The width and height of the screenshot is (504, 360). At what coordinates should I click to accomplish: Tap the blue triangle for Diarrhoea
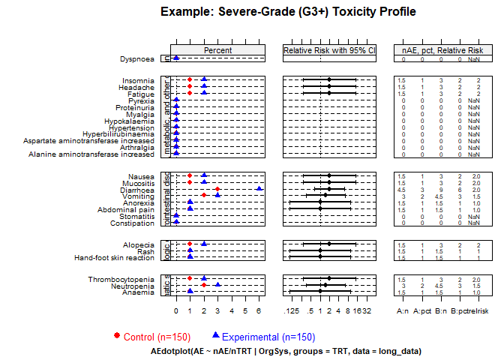click(x=259, y=189)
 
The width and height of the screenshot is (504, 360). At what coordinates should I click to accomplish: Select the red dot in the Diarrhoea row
click(x=217, y=189)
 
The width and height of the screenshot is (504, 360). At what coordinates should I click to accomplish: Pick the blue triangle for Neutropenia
click(x=217, y=284)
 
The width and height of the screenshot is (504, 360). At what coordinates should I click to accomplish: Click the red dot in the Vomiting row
click(x=204, y=195)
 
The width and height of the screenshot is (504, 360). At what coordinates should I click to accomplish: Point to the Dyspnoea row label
click(x=137, y=58)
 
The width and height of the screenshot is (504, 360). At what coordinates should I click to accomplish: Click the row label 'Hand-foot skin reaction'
click(x=113, y=258)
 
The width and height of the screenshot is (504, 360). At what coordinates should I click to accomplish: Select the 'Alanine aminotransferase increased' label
click(x=91, y=154)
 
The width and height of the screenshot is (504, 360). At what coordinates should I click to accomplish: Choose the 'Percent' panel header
click(x=218, y=50)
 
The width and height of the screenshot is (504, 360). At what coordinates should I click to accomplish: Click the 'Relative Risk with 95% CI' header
click(x=329, y=50)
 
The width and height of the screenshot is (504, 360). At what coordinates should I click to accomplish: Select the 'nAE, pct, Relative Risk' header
click(x=442, y=50)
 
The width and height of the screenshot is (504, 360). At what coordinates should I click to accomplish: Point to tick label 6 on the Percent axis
click(x=259, y=310)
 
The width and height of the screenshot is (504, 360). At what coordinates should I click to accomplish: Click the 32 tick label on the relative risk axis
click(x=367, y=310)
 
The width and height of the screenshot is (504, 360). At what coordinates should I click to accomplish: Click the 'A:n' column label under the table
click(x=402, y=310)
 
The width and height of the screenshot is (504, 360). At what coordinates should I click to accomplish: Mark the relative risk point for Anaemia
click(x=320, y=291)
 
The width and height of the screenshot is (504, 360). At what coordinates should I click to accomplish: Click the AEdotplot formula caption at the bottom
click(x=286, y=350)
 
